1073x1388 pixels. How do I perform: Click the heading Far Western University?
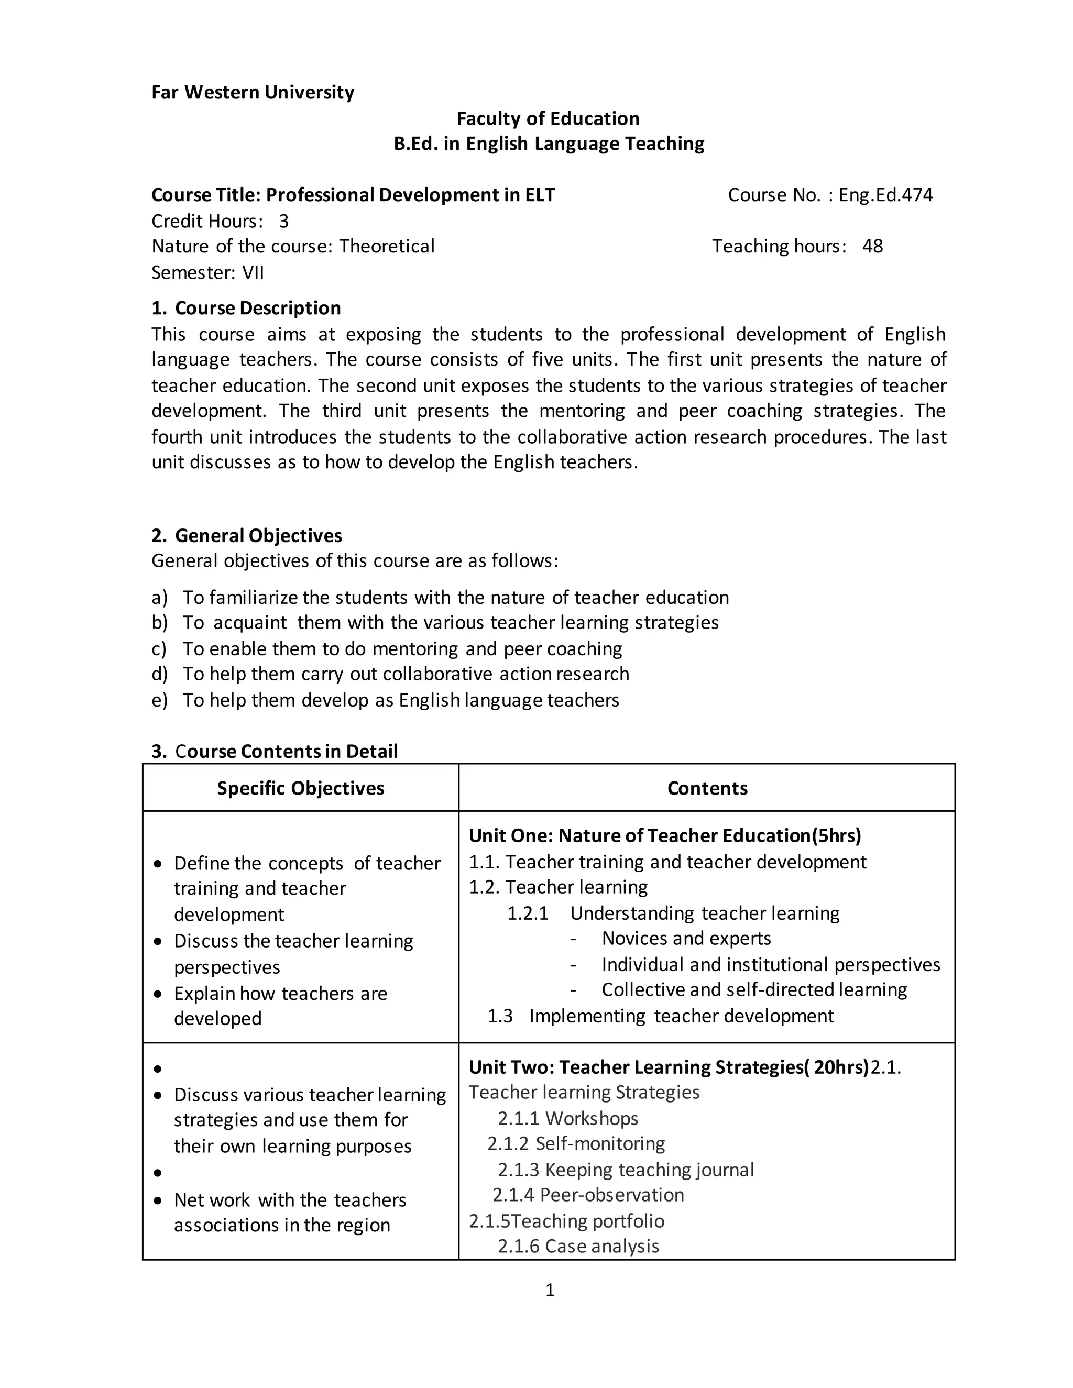point(253,93)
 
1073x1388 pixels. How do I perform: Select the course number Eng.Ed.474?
point(885,195)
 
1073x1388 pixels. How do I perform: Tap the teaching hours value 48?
point(872,247)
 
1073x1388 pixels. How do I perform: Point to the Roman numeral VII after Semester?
point(253,273)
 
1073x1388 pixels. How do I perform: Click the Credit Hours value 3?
point(283,221)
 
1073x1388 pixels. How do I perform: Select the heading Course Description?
point(257,308)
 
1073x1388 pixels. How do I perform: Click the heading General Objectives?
point(258,536)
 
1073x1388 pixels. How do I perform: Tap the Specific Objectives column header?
point(301,788)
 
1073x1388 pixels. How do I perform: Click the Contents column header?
point(707,788)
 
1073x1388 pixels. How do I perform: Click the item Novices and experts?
point(686,938)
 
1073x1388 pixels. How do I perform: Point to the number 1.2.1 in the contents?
point(528,913)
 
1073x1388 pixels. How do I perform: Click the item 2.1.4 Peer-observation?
point(588,1195)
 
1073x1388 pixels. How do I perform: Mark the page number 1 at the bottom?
point(550,1290)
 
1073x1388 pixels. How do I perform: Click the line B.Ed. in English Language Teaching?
point(549,144)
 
